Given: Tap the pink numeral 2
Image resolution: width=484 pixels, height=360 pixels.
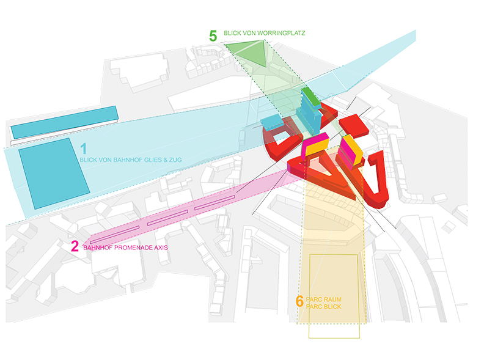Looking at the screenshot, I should point(75,246).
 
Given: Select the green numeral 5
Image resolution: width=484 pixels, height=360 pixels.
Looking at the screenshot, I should point(213,36).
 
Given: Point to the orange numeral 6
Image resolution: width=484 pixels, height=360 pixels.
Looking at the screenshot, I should point(299,301).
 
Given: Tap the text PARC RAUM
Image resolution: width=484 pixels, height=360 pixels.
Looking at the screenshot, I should point(323,299).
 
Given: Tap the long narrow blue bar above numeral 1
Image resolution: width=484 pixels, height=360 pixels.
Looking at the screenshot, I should point(65,122).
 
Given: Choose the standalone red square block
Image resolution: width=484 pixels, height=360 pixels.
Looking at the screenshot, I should point(353,127).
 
